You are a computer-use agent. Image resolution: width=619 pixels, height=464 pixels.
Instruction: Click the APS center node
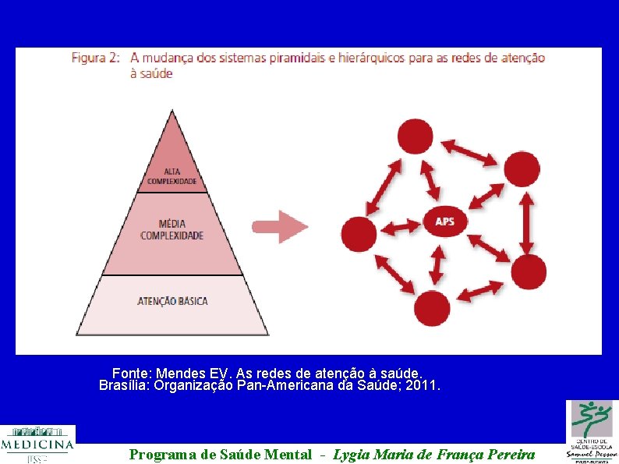pyautogui.click(x=444, y=221)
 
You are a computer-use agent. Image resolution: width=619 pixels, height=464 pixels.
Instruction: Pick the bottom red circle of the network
pyautogui.click(x=432, y=308)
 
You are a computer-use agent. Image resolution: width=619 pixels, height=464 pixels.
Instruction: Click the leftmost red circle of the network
pyautogui.click(x=359, y=234)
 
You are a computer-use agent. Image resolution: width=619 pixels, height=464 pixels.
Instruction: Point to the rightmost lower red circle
pyautogui.click(x=529, y=272)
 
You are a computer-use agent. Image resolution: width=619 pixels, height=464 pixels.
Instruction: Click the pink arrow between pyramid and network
pyautogui.click(x=280, y=227)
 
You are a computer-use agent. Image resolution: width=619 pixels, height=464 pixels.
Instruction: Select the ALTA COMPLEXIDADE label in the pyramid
pyautogui.click(x=172, y=176)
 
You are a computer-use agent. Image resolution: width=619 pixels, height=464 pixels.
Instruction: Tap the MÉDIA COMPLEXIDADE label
pyautogui.click(x=172, y=229)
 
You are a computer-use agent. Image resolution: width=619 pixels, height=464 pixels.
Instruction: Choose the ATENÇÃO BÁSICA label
pyautogui.click(x=172, y=300)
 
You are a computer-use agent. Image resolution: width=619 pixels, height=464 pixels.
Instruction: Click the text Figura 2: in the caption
pyautogui.click(x=95, y=58)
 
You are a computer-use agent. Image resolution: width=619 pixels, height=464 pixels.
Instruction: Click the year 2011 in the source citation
pyautogui.click(x=423, y=385)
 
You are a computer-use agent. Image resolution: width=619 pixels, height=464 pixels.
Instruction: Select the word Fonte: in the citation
pyautogui.click(x=132, y=374)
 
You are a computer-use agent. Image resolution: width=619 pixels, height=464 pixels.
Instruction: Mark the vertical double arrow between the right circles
pyautogui.click(x=527, y=220)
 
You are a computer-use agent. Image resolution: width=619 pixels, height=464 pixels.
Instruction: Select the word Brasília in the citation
pyautogui.click(x=125, y=385)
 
